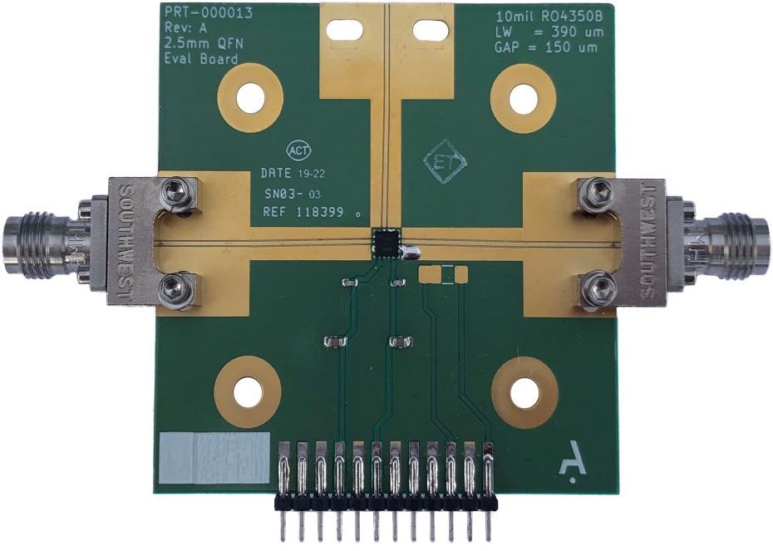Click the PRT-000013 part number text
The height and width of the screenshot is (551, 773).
208,12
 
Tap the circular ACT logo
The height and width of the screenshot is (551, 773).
299,151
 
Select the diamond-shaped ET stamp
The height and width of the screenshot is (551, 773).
446,161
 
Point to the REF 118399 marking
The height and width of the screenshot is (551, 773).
303,213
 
